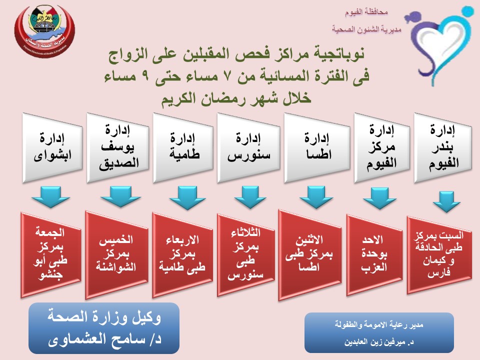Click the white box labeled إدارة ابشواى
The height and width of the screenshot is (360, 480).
tap(52, 147)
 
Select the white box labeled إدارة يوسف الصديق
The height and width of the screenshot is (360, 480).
tap(118, 147)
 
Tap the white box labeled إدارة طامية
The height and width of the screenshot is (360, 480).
tap(183, 147)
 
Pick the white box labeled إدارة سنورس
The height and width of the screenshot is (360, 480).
tap(248, 147)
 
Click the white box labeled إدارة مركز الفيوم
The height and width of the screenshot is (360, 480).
tap(379, 147)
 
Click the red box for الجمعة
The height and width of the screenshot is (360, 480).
tap(52, 252)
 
